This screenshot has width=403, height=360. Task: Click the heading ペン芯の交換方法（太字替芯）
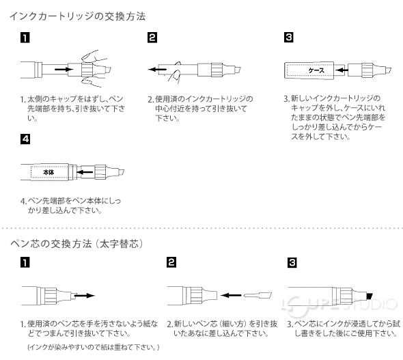click(81, 243)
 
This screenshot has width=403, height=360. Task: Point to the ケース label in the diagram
click(316, 70)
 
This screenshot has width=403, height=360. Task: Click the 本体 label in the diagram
click(48, 172)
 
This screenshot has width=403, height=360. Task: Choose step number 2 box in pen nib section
click(171, 262)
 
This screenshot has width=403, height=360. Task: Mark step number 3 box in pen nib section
click(292, 262)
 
